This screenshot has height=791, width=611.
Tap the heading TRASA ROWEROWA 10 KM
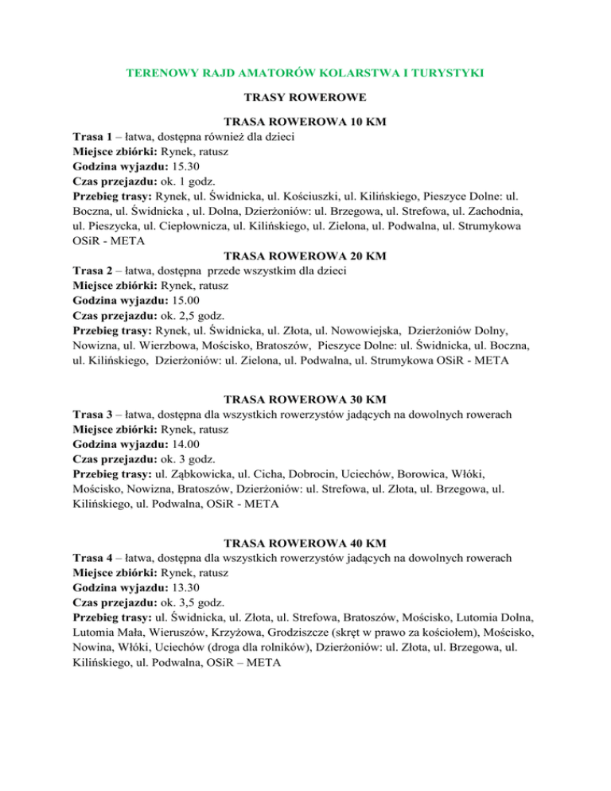tap(305, 122)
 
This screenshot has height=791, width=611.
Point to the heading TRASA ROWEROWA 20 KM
tap(305, 257)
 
